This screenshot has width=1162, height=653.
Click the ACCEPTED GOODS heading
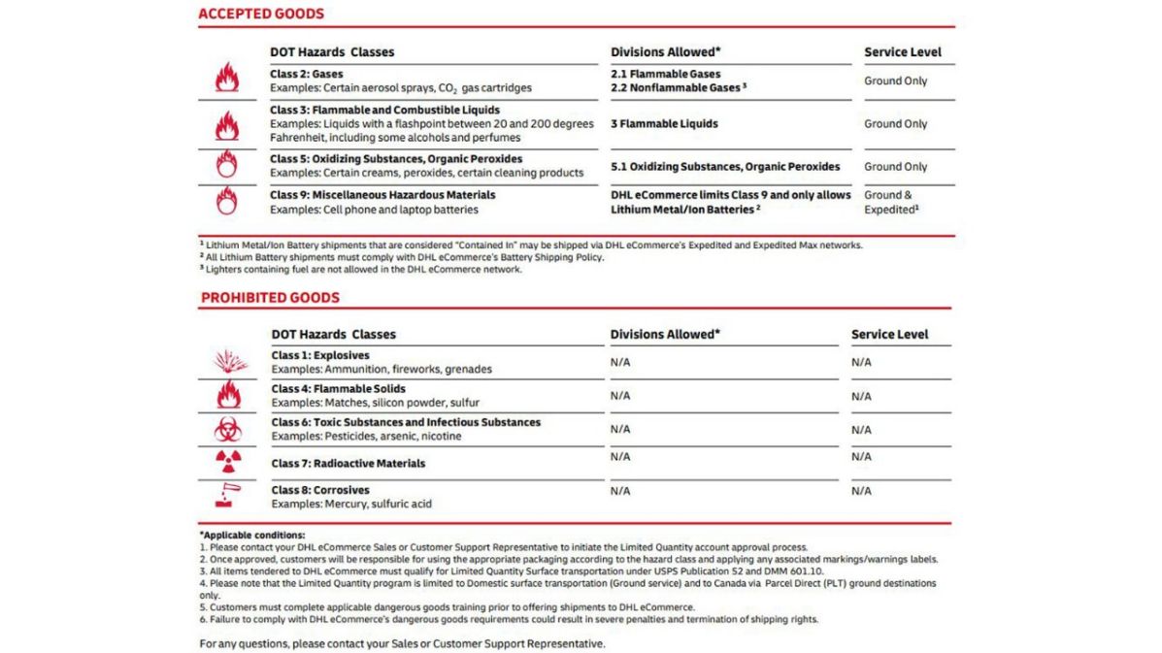[261, 14]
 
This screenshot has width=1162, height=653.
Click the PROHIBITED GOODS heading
[270, 298]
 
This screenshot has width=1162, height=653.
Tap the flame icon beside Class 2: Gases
[226, 78]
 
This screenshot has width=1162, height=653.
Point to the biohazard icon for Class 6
[227, 428]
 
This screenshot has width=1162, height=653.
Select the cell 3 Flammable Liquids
[664, 123]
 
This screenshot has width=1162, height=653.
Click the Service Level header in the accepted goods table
[902, 51]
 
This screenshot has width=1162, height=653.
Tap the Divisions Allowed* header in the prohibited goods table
[665, 334]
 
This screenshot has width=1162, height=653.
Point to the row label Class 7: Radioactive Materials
[349, 463]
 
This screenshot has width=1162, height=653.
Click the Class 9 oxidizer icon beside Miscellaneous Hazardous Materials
[226, 201]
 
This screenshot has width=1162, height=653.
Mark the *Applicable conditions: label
[252, 534]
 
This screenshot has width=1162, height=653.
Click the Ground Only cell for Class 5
[895, 166]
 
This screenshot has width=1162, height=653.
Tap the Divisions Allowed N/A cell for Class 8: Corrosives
[620, 490]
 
